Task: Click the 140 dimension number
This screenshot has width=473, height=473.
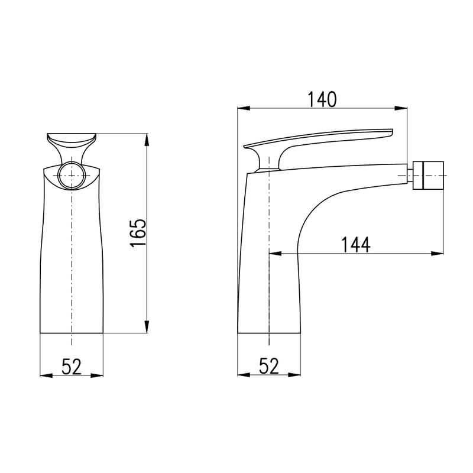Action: (322, 99)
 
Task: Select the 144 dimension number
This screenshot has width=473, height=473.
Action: (356, 245)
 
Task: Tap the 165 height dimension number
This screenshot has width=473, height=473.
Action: (138, 233)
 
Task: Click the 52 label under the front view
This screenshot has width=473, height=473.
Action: (72, 367)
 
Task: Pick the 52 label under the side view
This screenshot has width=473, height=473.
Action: (269, 366)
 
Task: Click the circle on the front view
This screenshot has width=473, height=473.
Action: (72, 175)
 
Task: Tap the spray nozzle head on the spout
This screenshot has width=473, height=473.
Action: (428, 175)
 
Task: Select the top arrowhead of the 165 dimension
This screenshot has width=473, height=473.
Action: (147, 140)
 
